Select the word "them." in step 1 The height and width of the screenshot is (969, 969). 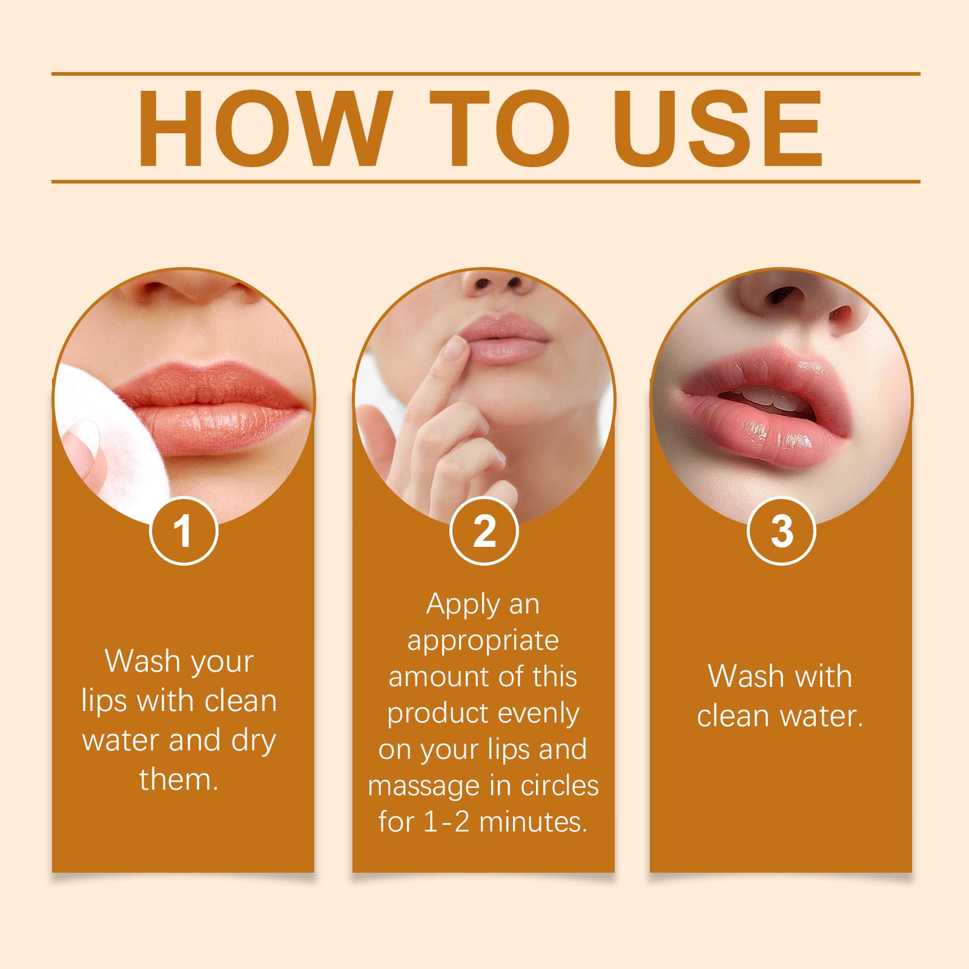pyautogui.click(x=179, y=780)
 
